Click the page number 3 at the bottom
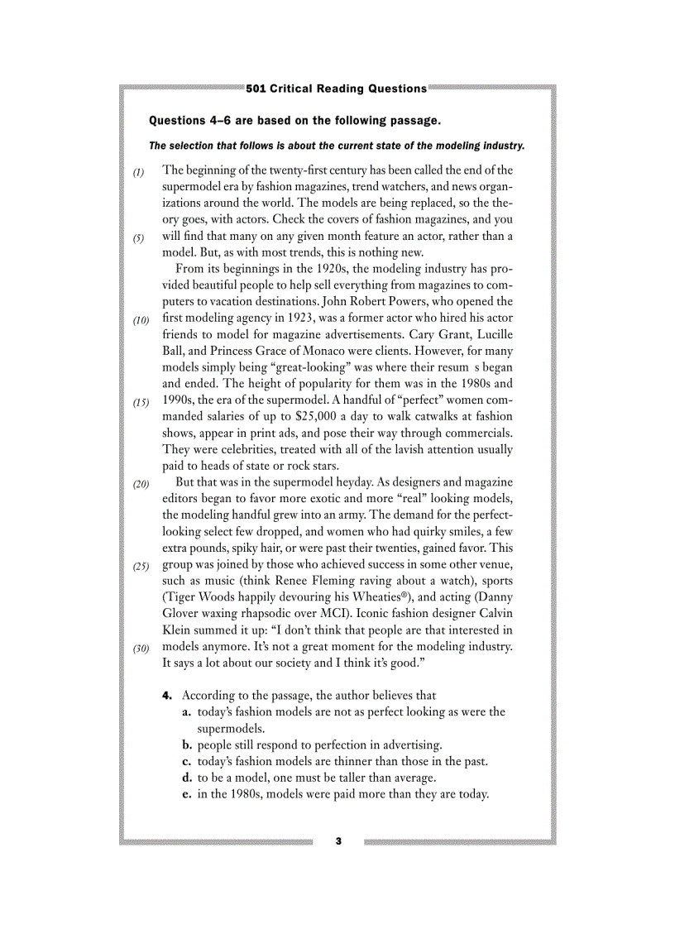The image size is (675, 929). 337,841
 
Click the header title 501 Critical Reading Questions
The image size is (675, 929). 337,89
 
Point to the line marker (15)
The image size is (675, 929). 141,403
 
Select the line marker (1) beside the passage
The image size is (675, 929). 139,172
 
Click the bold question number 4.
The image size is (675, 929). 167,696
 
